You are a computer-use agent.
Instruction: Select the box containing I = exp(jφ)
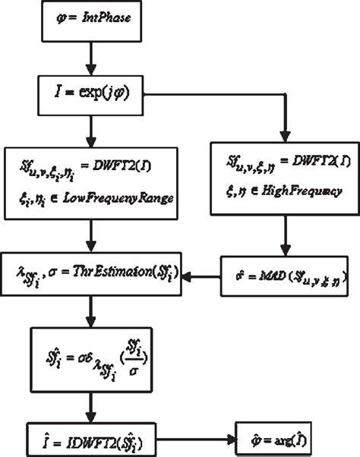click(x=91, y=99)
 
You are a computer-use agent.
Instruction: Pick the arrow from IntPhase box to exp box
click(x=91, y=60)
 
